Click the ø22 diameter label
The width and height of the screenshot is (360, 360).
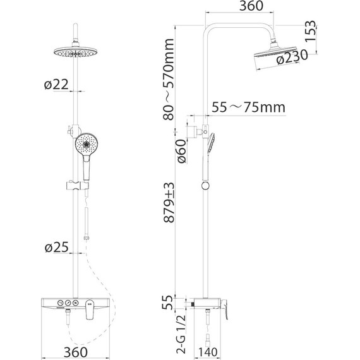[x=56, y=85]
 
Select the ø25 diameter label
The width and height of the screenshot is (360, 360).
[x=57, y=248]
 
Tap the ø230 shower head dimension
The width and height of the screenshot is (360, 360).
[x=292, y=57]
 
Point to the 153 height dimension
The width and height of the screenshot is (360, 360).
[x=311, y=31]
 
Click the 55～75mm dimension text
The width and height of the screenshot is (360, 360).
[x=248, y=107]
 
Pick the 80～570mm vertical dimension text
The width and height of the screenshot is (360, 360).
[x=169, y=79]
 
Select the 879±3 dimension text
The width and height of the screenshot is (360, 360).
[x=169, y=203]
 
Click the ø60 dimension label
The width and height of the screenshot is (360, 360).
[x=181, y=152]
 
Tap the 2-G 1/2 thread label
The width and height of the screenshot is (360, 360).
[x=181, y=334]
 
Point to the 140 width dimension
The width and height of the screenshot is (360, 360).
[x=207, y=352]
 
